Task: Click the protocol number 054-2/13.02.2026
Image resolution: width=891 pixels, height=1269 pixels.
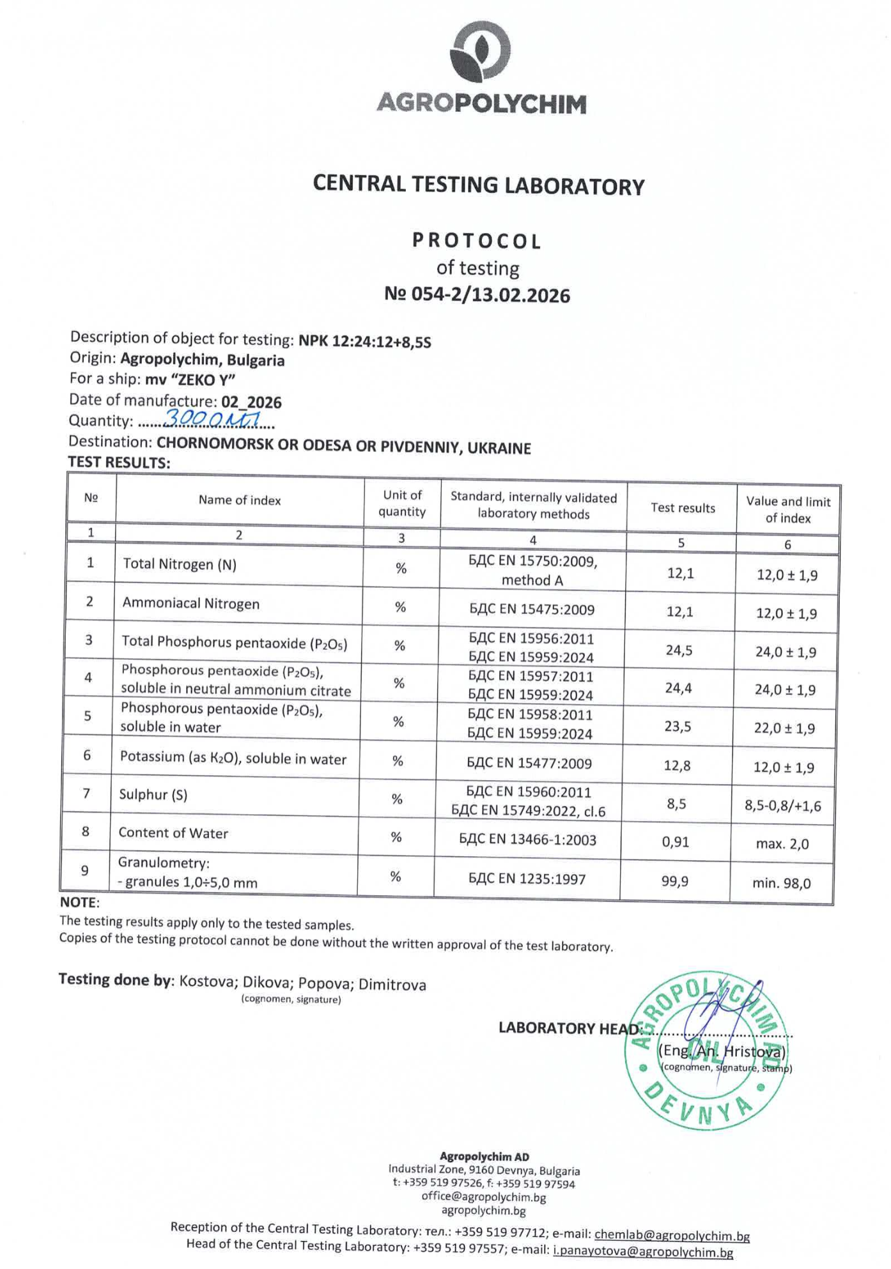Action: pos(477,295)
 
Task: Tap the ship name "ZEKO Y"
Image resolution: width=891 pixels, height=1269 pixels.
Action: pos(203,380)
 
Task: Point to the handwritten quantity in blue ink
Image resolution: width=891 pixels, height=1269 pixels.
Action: pos(212,419)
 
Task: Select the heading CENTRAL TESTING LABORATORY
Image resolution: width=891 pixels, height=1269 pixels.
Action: pos(479,185)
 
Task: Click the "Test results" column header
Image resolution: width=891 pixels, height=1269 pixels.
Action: pos(683,508)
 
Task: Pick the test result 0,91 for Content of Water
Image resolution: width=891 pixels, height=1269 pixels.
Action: pos(676,842)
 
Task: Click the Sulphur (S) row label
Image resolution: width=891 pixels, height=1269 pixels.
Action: pos(153,795)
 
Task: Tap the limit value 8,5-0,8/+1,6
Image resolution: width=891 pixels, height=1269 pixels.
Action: pos(782,806)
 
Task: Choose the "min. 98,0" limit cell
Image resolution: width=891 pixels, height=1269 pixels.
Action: pos(782,884)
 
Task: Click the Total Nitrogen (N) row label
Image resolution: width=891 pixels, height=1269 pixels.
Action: pos(180,564)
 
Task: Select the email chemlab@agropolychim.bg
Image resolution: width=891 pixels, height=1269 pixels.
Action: pos(672,1236)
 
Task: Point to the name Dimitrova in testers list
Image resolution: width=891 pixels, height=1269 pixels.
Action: pos(392,985)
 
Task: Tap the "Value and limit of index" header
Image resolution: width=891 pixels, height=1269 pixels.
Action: pos(788,510)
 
